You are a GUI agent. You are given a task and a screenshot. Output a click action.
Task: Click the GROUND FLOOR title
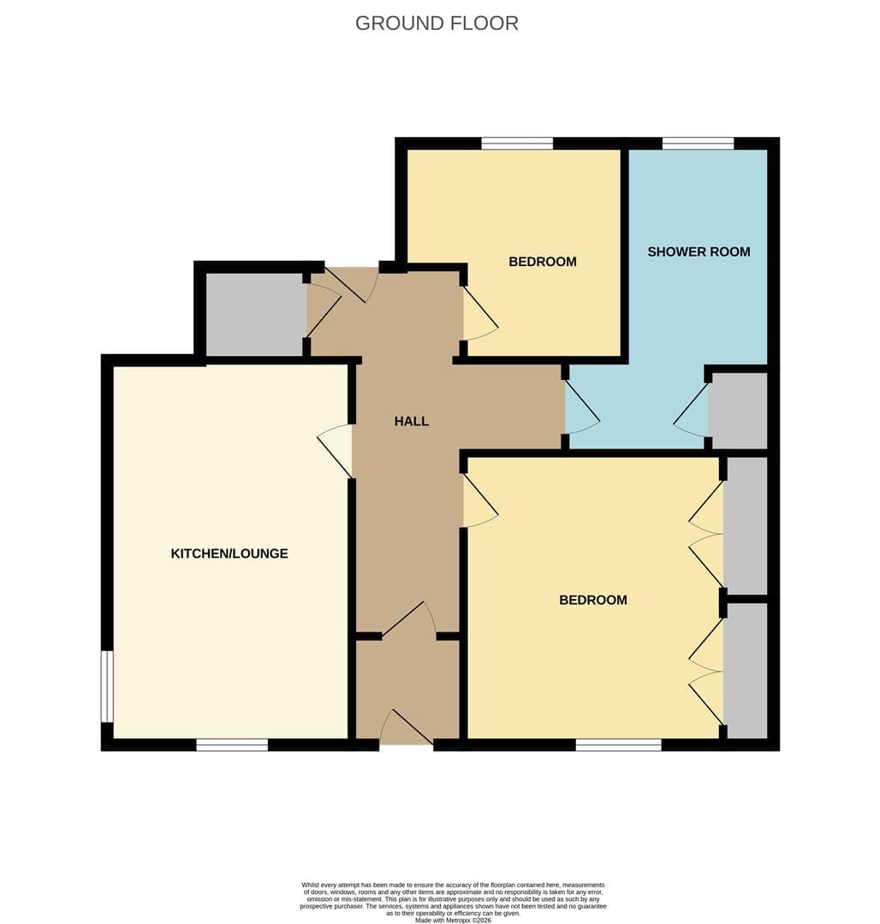pyautogui.click(x=437, y=23)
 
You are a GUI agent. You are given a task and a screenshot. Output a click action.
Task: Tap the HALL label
pyautogui.click(x=412, y=421)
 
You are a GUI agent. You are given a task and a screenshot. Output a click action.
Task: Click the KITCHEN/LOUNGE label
pyautogui.click(x=229, y=554)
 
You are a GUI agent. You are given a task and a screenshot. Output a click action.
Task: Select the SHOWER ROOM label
pyautogui.click(x=699, y=252)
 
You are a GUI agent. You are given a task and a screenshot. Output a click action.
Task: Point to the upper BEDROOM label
pyautogui.click(x=543, y=262)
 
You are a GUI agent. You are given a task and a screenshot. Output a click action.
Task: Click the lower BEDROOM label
pyautogui.click(x=593, y=600)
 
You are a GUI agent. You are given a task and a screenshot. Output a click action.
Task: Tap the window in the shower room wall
pyautogui.click(x=698, y=143)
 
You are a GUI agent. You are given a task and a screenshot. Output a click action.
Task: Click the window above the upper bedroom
pyautogui.click(x=517, y=143)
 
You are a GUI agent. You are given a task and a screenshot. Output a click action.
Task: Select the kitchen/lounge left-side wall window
pyautogui.click(x=107, y=686)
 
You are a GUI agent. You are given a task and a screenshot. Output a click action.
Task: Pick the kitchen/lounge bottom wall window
pyautogui.click(x=232, y=745)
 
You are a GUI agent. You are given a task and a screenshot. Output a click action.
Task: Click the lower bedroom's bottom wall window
pyautogui.click(x=618, y=745)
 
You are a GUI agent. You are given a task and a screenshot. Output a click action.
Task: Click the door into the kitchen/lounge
pyautogui.click(x=336, y=451)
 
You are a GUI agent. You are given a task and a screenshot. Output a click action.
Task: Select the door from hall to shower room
pyautogui.click(x=582, y=408)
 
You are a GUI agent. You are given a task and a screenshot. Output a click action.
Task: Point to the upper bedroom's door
pyautogui.click(x=479, y=313)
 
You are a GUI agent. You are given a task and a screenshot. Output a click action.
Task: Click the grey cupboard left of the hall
pyautogui.click(x=254, y=314)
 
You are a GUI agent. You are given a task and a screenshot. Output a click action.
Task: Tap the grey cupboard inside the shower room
pyautogui.click(x=738, y=410)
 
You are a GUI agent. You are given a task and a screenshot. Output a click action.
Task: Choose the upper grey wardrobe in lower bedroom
pyautogui.click(x=746, y=525)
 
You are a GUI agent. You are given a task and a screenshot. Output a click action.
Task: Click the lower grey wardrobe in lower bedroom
pyautogui.click(x=746, y=671)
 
